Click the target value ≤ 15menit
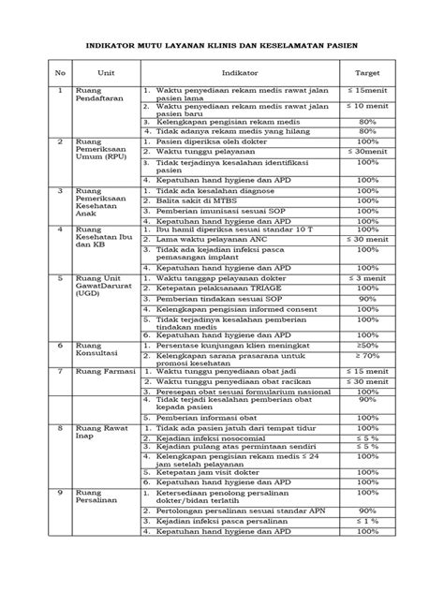click(367, 90)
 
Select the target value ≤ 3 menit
click(367, 278)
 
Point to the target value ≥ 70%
click(367, 356)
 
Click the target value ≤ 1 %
click(367, 521)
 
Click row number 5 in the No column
click(61, 278)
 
